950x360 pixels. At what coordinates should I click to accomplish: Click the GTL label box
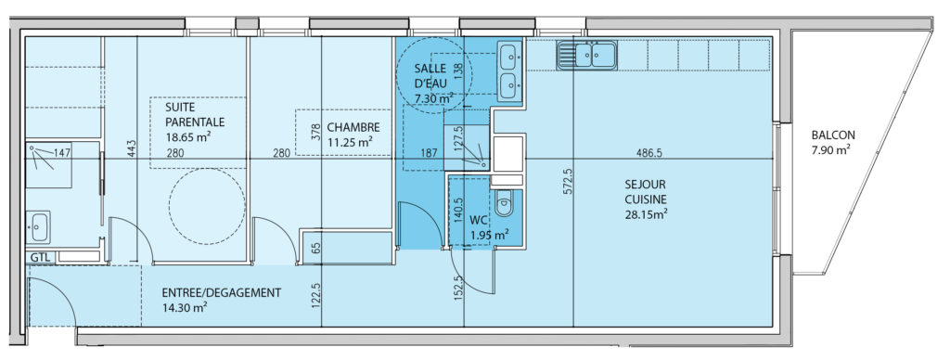(41, 257)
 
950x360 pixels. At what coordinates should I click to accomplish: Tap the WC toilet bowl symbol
(504, 202)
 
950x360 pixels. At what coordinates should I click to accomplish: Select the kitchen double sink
(586, 55)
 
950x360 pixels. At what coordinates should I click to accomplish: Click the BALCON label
(825, 135)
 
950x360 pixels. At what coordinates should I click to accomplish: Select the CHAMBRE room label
(353, 128)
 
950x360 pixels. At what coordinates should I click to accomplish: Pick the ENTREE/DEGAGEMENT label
(222, 292)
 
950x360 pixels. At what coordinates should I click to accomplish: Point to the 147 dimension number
(63, 153)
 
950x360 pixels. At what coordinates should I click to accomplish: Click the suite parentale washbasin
(38, 226)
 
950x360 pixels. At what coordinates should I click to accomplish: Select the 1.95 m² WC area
(490, 234)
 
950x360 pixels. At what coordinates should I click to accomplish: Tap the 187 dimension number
(429, 153)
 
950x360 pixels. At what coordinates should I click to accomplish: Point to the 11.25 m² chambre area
(349, 143)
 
